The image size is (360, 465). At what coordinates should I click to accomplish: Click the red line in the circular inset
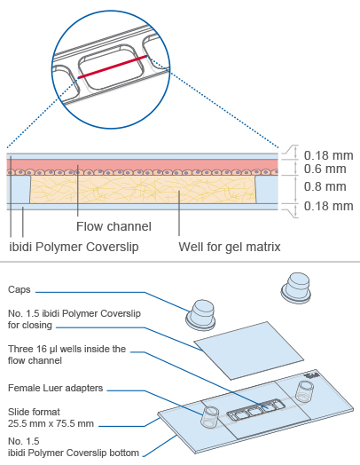click(x=113, y=67)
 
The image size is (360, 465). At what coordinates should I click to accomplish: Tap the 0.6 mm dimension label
click(x=325, y=169)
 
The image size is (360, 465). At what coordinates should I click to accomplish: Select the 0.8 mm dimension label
click(x=325, y=186)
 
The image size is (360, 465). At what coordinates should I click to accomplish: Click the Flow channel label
click(x=113, y=226)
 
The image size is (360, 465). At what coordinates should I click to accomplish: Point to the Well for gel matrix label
click(x=230, y=247)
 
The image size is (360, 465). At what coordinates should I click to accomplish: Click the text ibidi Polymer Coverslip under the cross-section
click(x=74, y=247)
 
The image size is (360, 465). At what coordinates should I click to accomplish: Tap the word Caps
click(x=20, y=289)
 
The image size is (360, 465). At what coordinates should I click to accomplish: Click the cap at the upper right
click(x=295, y=288)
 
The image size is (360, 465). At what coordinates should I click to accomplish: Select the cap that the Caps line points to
click(x=200, y=315)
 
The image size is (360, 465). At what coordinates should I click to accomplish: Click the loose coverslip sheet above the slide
click(x=249, y=350)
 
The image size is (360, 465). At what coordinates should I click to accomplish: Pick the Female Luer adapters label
click(x=55, y=388)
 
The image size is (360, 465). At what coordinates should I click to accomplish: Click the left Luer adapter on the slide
click(x=210, y=417)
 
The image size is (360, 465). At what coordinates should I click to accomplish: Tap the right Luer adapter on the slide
click(x=305, y=391)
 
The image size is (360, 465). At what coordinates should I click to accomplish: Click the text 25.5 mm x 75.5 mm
click(x=51, y=423)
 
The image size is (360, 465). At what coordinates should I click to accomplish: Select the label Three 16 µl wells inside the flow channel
click(x=67, y=354)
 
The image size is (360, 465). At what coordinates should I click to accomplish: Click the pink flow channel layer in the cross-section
click(x=142, y=164)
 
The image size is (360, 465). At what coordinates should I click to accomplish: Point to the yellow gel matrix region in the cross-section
click(x=143, y=189)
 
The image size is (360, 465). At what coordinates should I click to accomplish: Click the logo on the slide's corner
click(x=311, y=375)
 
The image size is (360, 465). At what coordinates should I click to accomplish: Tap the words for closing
click(x=30, y=325)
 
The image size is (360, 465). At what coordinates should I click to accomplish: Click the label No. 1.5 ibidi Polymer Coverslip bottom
click(x=74, y=447)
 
